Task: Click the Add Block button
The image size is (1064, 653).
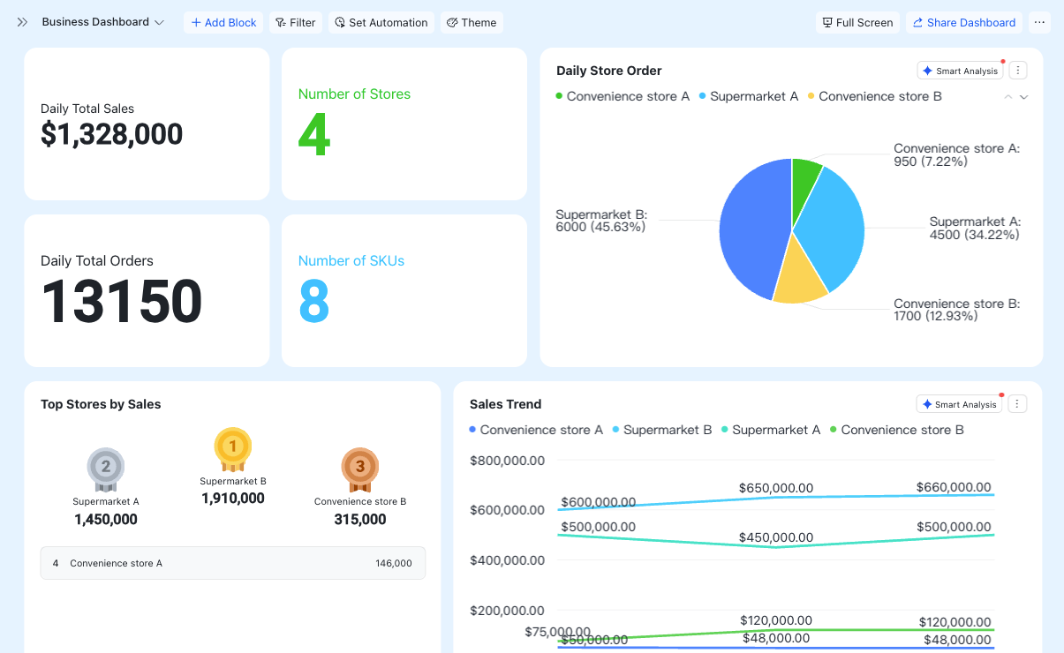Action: [223, 22]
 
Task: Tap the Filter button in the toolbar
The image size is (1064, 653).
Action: [296, 22]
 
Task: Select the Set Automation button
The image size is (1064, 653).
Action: [381, 22]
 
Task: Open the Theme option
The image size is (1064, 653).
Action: [472, 22]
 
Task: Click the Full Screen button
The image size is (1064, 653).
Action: [858, 22]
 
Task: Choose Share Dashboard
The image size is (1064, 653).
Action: [964, 22]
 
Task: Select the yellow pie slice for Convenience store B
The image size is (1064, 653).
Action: [799, 280]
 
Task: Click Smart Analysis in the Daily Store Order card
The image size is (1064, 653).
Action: [960, 71]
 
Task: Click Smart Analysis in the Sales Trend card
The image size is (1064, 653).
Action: [959, 404]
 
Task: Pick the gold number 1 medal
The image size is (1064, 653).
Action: [233, 448]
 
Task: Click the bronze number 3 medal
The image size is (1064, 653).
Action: [360, 469]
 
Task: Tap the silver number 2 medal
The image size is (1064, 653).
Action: [105, 469]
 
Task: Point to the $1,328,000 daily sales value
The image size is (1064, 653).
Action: [111, 134]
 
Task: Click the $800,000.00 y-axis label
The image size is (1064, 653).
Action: [508, 461]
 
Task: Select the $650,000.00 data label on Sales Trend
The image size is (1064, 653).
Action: [776, 488]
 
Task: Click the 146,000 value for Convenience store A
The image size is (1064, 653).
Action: [394, 563]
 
